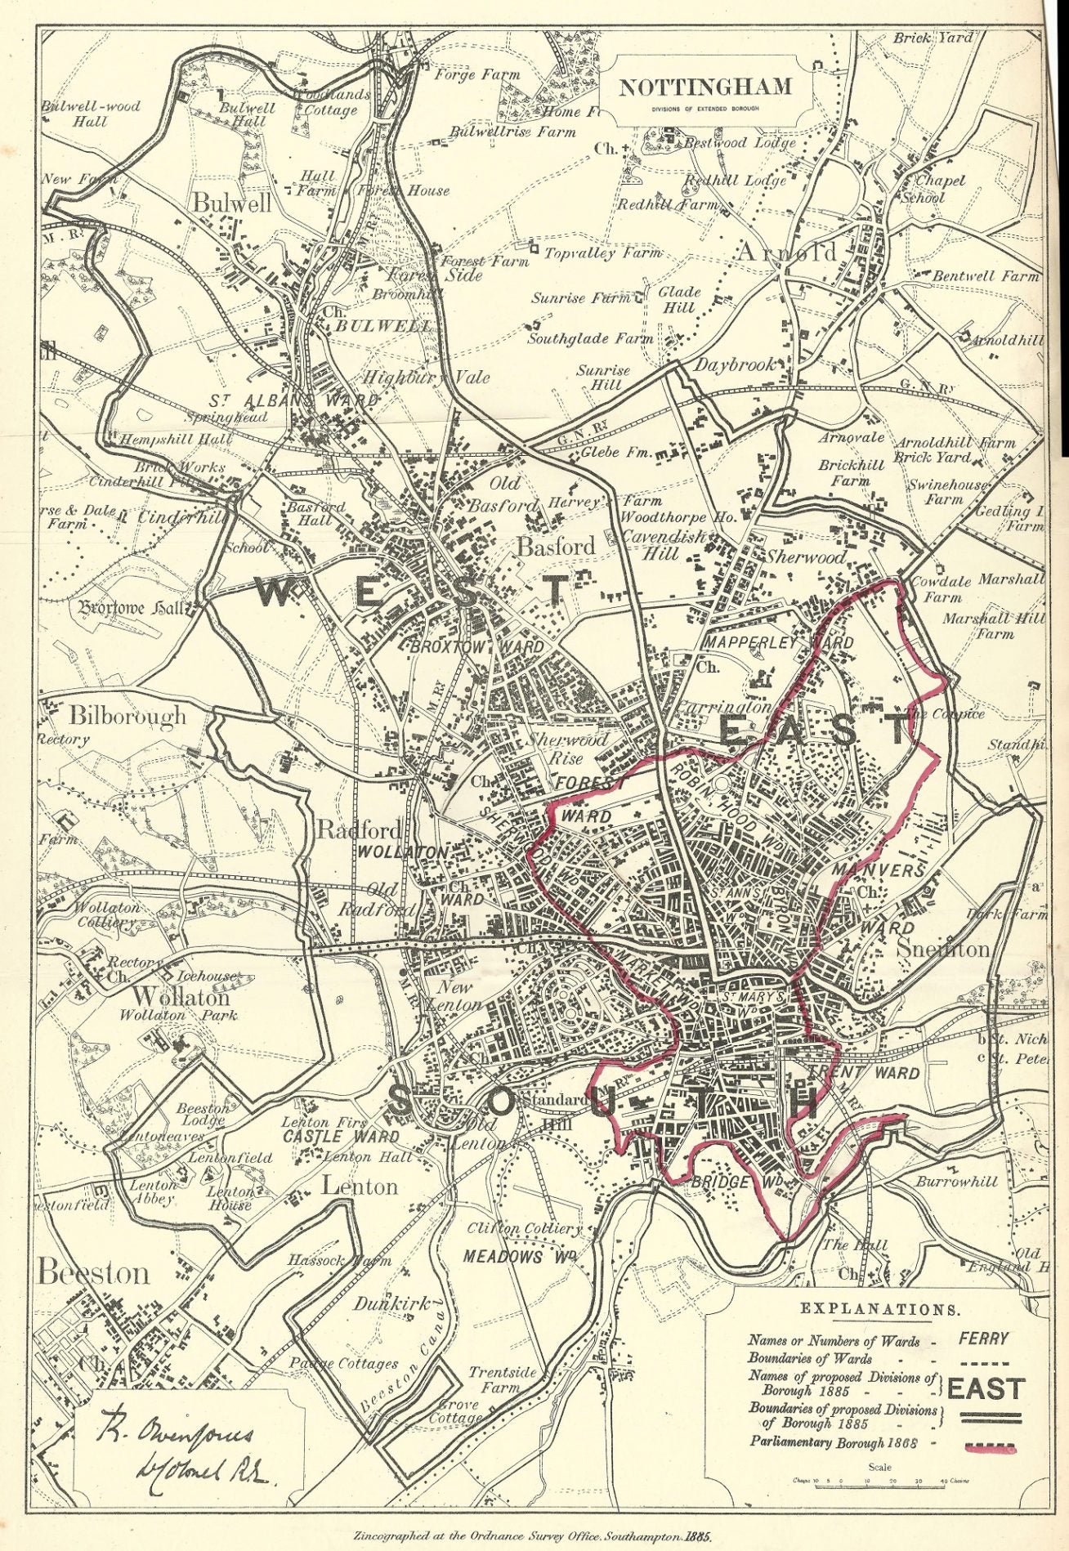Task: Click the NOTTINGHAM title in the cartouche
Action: [704, 87]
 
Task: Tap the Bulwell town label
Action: [231, 203]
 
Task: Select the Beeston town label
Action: [94, 1273]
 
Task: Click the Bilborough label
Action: [127, 717]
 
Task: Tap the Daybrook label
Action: [733, 365]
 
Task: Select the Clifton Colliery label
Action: [525, 1228]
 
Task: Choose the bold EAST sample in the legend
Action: [985, 1389]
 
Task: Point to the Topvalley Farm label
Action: [602, 253]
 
